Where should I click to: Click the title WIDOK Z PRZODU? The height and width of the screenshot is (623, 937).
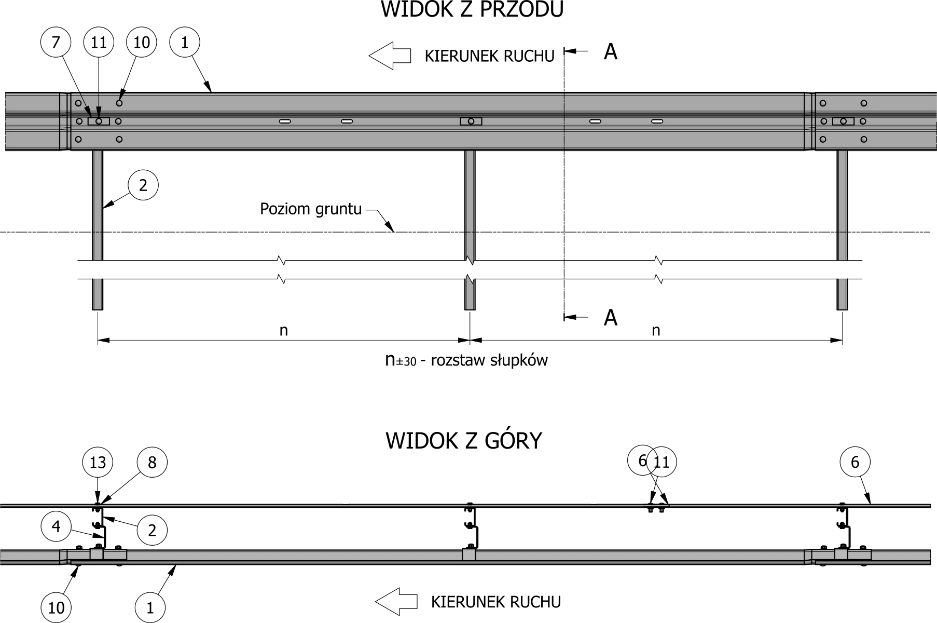click(x=472, y=10)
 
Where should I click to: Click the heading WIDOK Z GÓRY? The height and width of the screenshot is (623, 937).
click(x=464, y=441)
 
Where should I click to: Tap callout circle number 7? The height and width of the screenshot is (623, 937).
click(x=56, y=42)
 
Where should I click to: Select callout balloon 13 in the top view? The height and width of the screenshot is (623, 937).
click(x=98, y=462)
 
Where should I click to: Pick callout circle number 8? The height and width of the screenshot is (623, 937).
click(x=152, y=462)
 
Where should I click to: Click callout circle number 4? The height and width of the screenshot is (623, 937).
click(x=56, y=527)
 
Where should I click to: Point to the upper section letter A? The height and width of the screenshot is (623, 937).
click(x=611, y=52)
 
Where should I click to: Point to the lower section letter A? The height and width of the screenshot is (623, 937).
click(x=611, y=317)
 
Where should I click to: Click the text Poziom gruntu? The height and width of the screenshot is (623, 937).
click(x=310, y=209)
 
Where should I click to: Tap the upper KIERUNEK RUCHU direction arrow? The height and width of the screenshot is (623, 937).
click(x=389, y=56)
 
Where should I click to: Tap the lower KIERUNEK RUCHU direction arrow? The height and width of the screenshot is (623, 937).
click(x=396, y=602)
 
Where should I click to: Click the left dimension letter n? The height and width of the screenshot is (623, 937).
click(x=283, y=331)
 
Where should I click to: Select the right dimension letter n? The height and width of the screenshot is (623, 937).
click(x=656, y=331)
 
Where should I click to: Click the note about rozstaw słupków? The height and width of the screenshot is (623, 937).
click(x=466, y=360)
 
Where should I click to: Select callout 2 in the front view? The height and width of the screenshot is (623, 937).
click(x=143, y=185)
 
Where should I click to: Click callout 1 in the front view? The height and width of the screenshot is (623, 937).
click(x=185, y=42)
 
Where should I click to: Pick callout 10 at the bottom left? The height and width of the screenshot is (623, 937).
click(x=56, y=607)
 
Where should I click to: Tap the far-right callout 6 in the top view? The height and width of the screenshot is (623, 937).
click(x=855, y=462)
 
